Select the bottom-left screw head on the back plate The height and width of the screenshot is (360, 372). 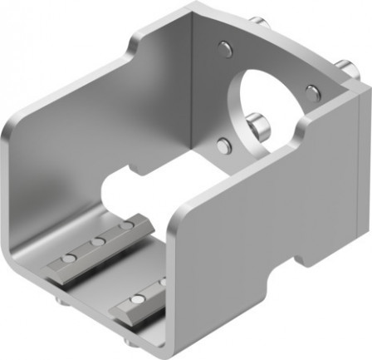pyautogui.click(x=223, y=146)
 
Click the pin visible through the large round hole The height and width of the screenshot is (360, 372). pyautogui.click(x=261, y=126)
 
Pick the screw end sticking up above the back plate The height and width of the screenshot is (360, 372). pyautogui.click(x=262, y=22)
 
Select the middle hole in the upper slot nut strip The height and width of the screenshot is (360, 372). pyautogui.click(x=98, y=241)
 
